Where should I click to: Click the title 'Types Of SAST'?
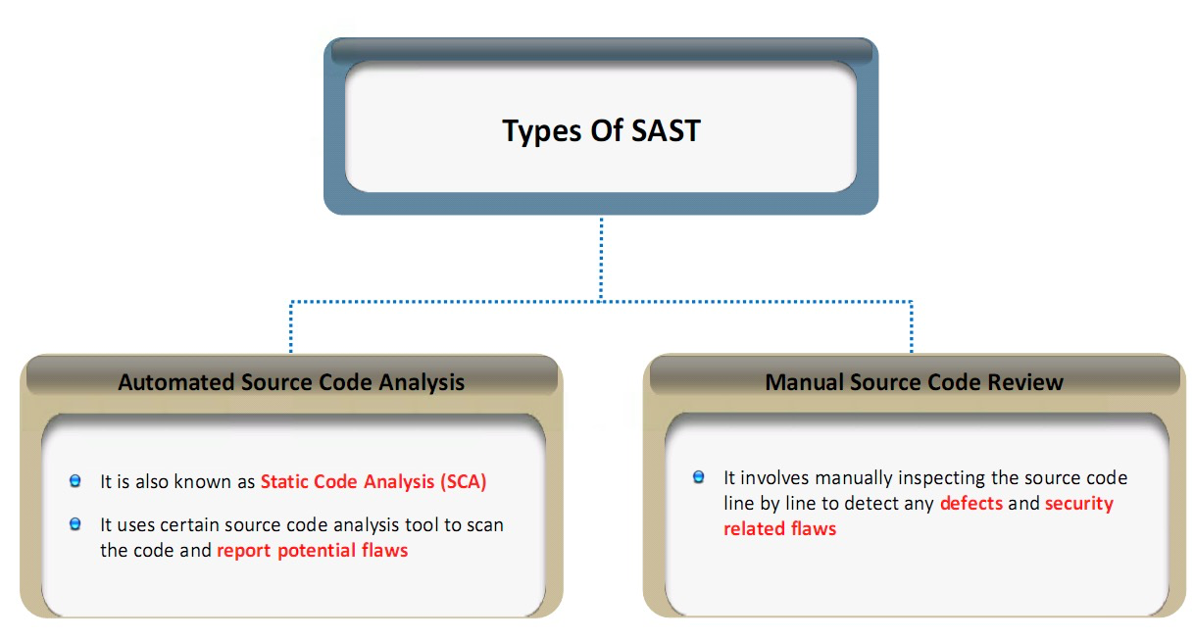(601, 130)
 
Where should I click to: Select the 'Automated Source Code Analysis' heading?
(291, 382)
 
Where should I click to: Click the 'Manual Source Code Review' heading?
(914, 382)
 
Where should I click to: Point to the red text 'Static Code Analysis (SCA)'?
(373, 481)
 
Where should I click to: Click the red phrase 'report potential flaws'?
(312, 550)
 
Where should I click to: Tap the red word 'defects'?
(970, 504)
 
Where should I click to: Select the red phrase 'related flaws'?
(779, 528)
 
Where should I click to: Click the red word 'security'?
(1078, 504)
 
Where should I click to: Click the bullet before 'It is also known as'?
(75, 481)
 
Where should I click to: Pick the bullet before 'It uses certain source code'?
(75, 524)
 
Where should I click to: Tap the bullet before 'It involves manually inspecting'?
(699, 477)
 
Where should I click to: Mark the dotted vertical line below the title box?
(601, 257)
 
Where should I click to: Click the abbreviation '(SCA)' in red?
(464, 481)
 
